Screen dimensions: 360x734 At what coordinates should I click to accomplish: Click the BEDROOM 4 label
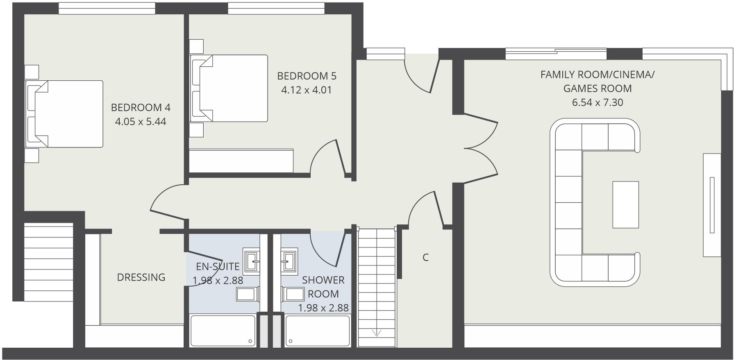(x=141, y=107)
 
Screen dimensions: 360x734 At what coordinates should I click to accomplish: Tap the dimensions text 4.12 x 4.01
(x=306, y=90)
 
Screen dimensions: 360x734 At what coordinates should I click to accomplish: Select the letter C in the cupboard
(x=425, y=258)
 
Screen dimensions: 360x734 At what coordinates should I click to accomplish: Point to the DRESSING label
(x=141, y=277)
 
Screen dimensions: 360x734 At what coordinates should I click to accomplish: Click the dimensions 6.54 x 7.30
(x=597, y=102)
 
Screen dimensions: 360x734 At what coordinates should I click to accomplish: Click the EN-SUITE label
(x=218, y=267)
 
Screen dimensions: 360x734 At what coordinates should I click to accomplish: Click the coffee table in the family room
(x=625, y=204)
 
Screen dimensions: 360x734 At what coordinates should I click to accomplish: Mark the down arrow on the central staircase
(x=377, y=333)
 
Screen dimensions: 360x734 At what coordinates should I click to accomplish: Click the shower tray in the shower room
(x=318, y=331)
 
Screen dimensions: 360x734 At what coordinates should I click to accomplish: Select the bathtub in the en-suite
(x=223, y=331)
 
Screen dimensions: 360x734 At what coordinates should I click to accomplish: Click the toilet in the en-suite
(x=248, y=294)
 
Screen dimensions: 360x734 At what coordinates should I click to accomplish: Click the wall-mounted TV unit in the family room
(x=712, y=205)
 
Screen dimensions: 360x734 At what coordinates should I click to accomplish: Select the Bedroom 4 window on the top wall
(x=107, y=8)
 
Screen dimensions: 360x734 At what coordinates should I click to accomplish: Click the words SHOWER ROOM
(x=323, y=287)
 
